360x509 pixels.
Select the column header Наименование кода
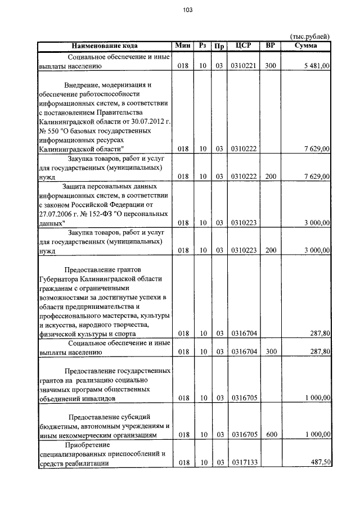tap(105, 46)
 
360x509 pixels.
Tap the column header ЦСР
tap(244, 46)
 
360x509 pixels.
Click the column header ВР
tap(271, 46)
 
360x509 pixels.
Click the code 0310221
tap(244, 66)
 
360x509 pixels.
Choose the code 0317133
tap(244, 463)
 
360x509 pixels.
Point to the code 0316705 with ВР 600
tap(244, 435)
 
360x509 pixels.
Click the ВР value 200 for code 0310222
tap(271, 176)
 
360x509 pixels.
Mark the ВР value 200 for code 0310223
tap(271, 249)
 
